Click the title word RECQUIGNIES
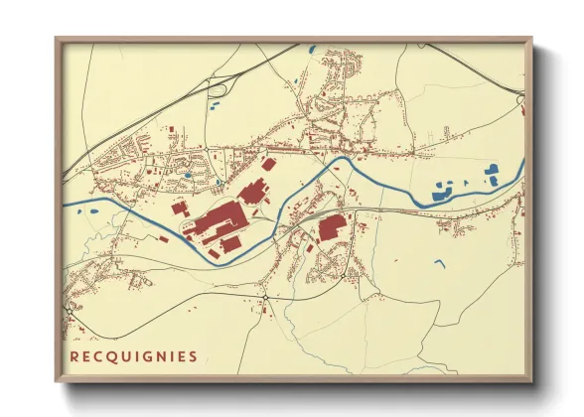click(x=133, y=355)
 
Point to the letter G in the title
click(x=145, y=355)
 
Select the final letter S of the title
click(x=193, y=355)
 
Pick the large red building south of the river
click(x=331, y=227)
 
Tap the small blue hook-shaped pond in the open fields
click(x=439, y=263)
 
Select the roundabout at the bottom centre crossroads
click(x=265, y=297)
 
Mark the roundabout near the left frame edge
click(x=70, y=309)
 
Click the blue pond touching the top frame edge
click(x=312, y=48)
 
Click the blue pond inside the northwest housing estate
click(x=188, y=176)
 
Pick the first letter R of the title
click(x=74, y=355)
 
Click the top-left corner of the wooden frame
click(x=57, y=39)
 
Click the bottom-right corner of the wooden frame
click(x=531, y=381)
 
